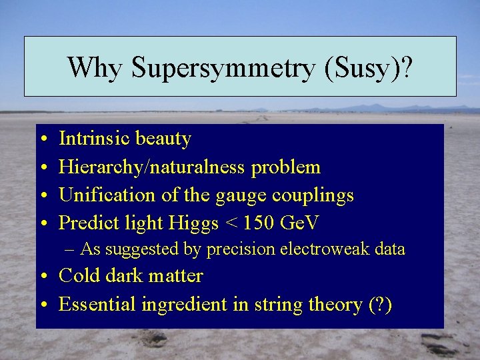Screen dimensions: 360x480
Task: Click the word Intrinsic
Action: (95, 139)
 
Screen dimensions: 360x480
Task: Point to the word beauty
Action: (163, 139)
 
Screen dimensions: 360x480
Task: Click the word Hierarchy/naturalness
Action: (153, 167)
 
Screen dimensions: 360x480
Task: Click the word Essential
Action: (97, 305)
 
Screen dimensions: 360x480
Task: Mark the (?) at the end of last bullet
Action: (379, 305)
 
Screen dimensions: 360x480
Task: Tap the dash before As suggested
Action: (71, 250)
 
